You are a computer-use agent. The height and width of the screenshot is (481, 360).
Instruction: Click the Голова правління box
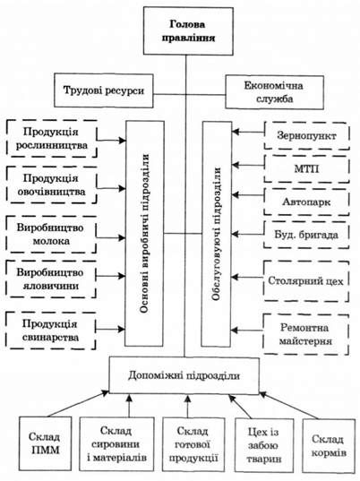click(188, 31)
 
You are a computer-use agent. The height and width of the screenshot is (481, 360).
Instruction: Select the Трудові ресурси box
click(104, 90)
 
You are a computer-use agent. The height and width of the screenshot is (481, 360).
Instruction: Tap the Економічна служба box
click(274, 92)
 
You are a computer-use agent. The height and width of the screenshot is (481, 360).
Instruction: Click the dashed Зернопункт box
click(306, 135)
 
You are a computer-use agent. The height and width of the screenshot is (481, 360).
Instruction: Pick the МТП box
click(306, 168)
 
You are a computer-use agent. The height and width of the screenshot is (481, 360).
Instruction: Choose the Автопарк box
click(306, 202)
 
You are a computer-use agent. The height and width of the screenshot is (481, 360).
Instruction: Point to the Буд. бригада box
click(306, 235)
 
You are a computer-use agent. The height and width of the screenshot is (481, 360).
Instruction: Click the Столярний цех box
click(306, 281)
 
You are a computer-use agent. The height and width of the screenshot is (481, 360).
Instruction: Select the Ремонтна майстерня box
click(305, 334)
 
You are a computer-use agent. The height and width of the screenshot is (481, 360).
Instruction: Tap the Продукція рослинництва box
click(52, 139)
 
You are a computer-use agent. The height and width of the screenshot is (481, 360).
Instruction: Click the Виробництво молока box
click(51, 235)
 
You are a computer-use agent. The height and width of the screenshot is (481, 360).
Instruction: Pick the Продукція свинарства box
click(50, 331)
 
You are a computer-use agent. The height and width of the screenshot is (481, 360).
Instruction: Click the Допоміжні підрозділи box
click(184, 375)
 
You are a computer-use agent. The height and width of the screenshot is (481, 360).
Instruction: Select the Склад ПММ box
click(45, 443)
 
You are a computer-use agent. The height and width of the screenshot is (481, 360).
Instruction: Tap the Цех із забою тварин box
click(264, 445)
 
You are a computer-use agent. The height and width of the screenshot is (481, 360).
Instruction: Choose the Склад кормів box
click(329, 445)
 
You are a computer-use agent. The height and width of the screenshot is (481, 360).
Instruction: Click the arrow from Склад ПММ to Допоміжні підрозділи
click(78, 403)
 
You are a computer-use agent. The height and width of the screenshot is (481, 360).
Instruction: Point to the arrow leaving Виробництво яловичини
click(110, 276)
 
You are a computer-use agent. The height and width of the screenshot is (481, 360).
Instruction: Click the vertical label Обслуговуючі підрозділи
click(217, 234)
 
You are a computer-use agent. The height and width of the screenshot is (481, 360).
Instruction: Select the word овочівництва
click(51, 192)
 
